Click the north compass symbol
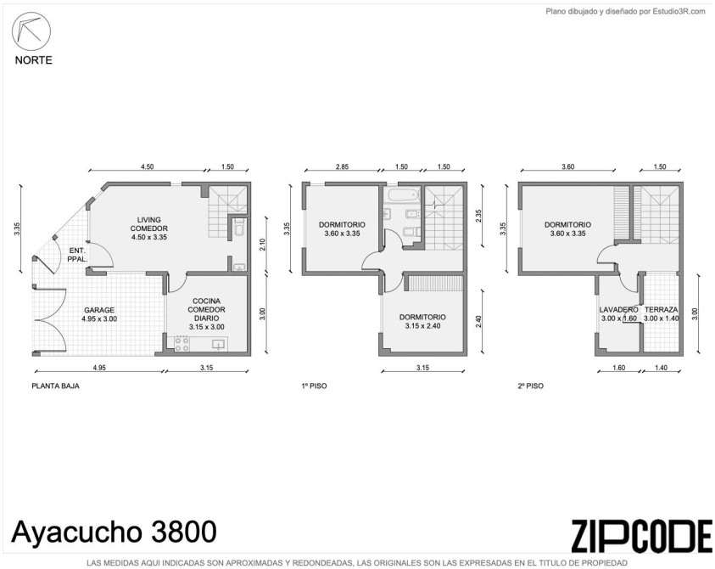click(31, 31)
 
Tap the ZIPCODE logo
click(641, 536)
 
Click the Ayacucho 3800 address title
click(114, 532)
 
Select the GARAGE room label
click(99, 310)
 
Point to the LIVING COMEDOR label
click(148, 223)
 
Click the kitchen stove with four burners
click(182, 344)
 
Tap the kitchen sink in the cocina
click(219, 344)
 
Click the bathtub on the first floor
click(404, 194)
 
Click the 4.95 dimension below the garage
click(99, 367)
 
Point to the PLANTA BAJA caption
click(55, 386)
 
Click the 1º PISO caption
click(314, 386)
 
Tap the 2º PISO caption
click(531, 386)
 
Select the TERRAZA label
click(662, 310)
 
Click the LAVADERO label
click(619, 310)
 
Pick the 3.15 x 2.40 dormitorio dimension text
click(422, 325)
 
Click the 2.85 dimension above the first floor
click(342, 166)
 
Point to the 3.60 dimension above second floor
click(567, 166)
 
